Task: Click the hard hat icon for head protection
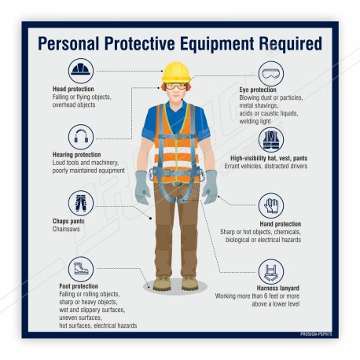[x=80, y=72]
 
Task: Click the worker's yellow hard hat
[x=175, y=72]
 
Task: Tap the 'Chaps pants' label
[x=68, y=221]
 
